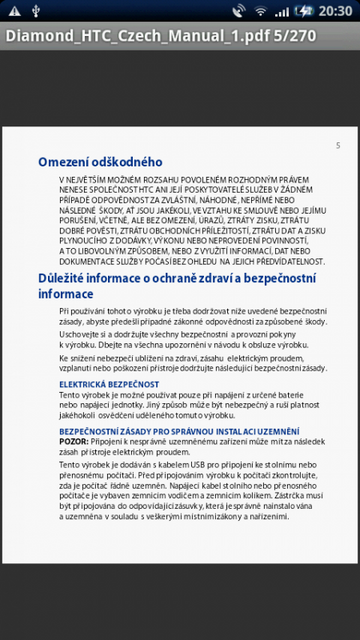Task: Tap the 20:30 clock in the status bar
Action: (333, 11)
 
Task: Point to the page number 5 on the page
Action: (337, 146)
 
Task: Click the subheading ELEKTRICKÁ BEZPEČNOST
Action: (95, 384)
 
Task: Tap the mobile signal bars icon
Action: (282, 11)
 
